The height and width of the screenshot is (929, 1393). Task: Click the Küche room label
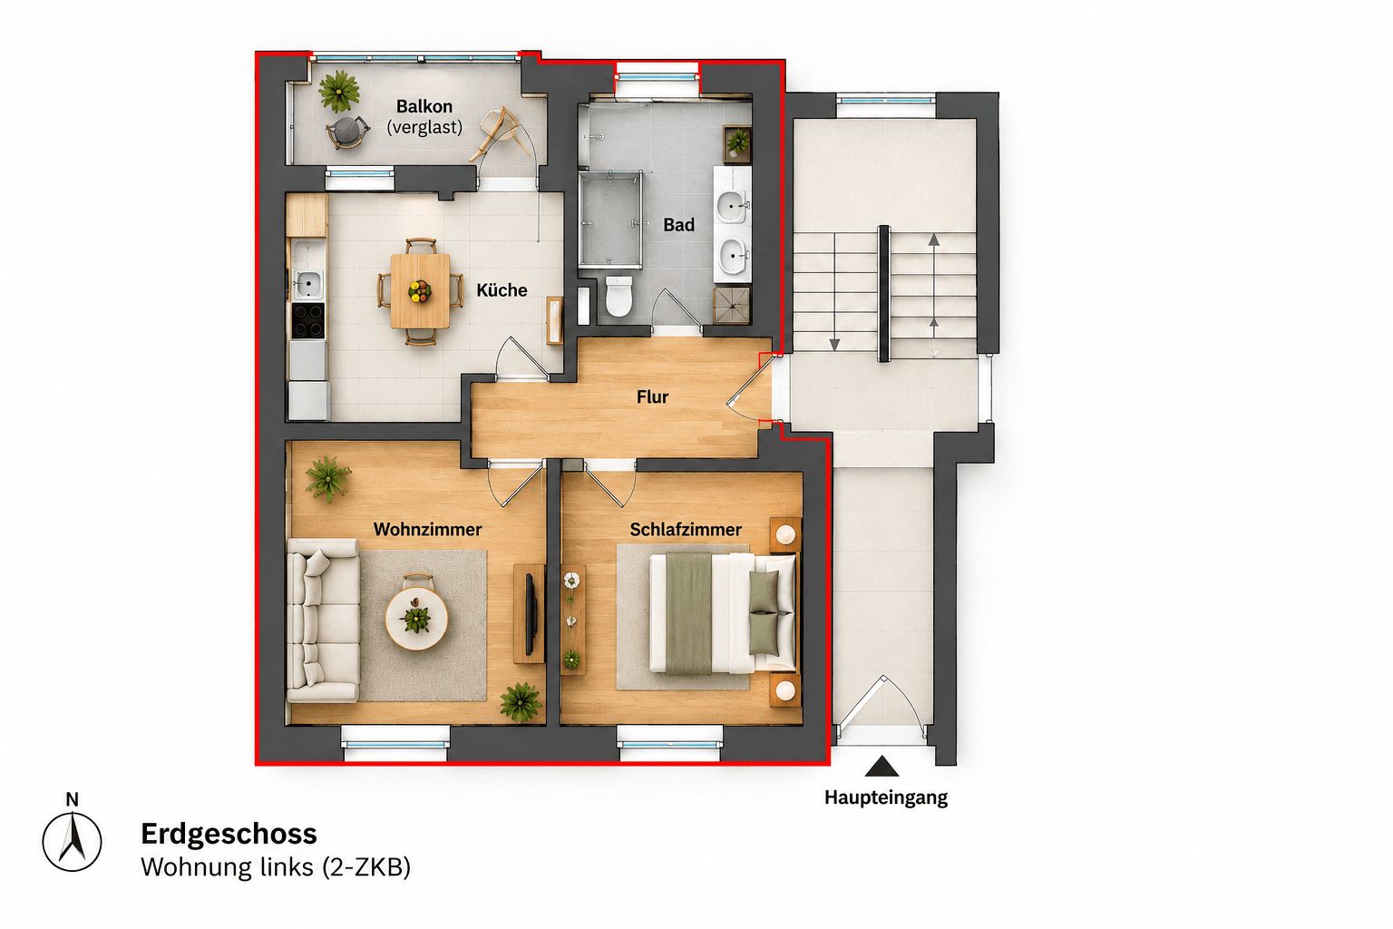(x=502, y=290)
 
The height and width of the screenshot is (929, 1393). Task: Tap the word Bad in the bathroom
(x=678, y=225)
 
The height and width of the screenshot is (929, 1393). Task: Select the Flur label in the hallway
(x=652, y=397)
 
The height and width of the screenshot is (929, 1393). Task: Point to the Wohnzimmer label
(x=427, y=530)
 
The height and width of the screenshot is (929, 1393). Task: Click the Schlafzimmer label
(x=686, y=530)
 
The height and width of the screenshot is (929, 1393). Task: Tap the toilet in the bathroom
(x=619, y=296)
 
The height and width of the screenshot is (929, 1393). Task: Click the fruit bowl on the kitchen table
(x=420, y=290)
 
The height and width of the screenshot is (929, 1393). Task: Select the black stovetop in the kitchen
(x=307, y=320)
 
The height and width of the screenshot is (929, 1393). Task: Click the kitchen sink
(x=307, y=284)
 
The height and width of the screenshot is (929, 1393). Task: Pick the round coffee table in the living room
(x=416, y=619)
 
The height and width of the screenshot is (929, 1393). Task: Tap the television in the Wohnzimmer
(x=530, y=614)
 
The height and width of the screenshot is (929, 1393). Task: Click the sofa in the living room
(x=323, y=621)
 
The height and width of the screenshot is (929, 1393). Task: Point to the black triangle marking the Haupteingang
(x=882, y=767)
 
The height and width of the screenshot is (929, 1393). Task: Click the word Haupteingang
(x=885, y=798)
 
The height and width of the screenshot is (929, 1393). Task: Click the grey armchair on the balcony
(x=347, y=132)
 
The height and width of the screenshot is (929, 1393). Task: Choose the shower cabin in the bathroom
(x=610, y=219)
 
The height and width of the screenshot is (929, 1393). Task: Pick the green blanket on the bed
(x=688, y=613)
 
